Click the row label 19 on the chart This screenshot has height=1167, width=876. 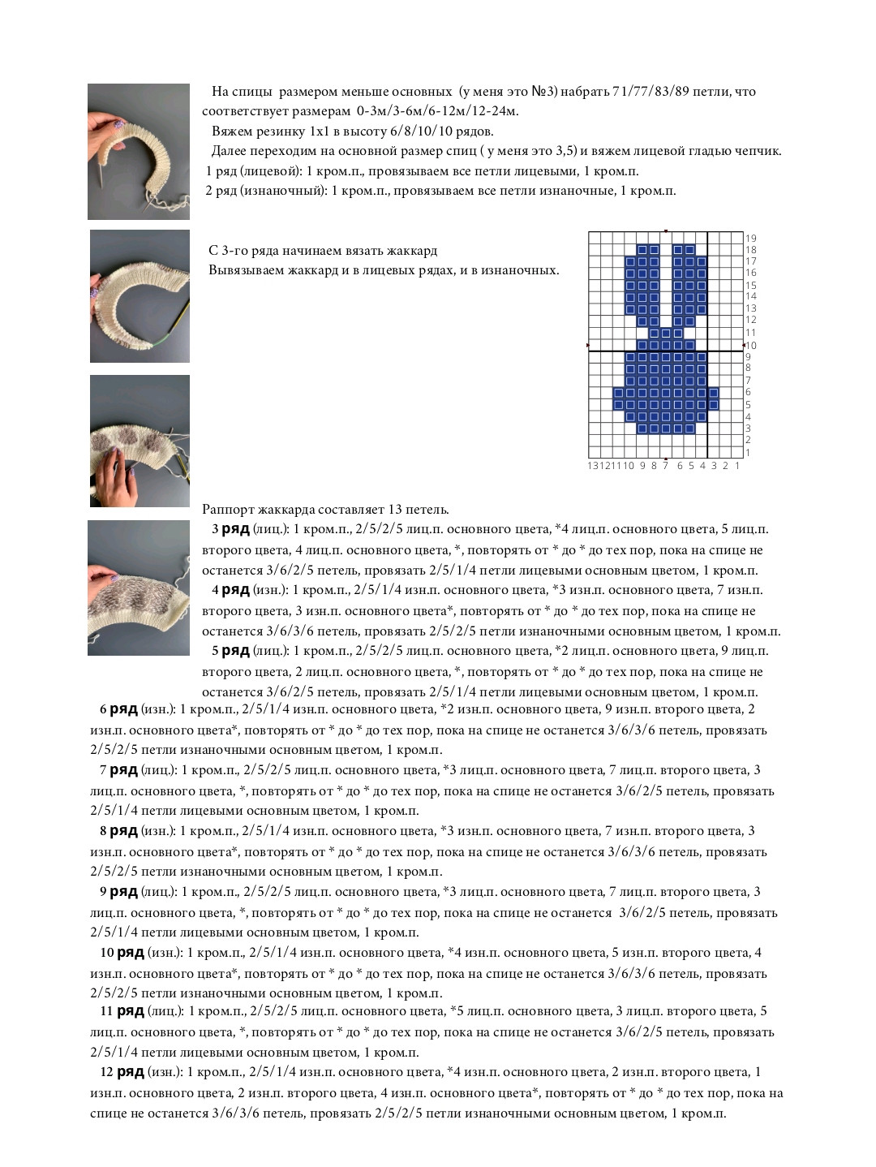(x=751, y=238)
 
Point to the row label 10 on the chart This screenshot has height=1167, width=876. (x=751, y=346)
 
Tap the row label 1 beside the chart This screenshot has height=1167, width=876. (x=748, y=453)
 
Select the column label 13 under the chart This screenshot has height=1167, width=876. (x=593, y=466)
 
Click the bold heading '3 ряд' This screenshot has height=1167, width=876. (x=230, y=529)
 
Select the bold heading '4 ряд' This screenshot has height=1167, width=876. (x=230, y=590)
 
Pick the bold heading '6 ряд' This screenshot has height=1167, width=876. (x=118, y=709)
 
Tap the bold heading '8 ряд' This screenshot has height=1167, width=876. (x=118, y=831)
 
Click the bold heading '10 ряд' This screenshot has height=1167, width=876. (x=122, y=953)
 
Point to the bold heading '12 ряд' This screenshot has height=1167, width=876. (x=122, y=1072)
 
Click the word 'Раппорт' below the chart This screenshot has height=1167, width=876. (x=228, y=510)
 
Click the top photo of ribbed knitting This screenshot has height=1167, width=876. (x=139, y=152)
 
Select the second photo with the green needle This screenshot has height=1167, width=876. (x=140, y=296)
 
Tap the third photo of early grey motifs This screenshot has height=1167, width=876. (x=140, y=441)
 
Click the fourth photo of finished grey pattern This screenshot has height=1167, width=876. (x=139, y=588)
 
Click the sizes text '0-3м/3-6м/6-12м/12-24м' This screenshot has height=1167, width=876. (x=437, y=111)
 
